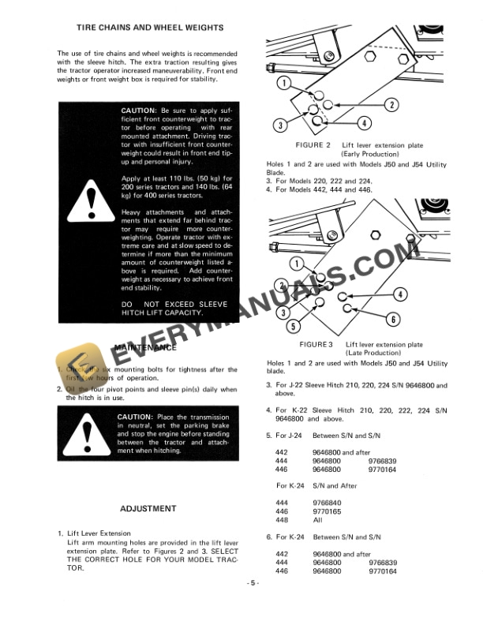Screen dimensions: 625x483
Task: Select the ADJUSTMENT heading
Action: pyautogui.click(x=148, y=508)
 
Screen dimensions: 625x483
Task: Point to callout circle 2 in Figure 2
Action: pyautogui.click(x=390, y=105)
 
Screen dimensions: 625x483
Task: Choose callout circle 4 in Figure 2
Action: pyautogui.click(x=364, y=123)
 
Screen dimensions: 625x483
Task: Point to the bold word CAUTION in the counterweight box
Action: pyautogui.click(x=138, y=111)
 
